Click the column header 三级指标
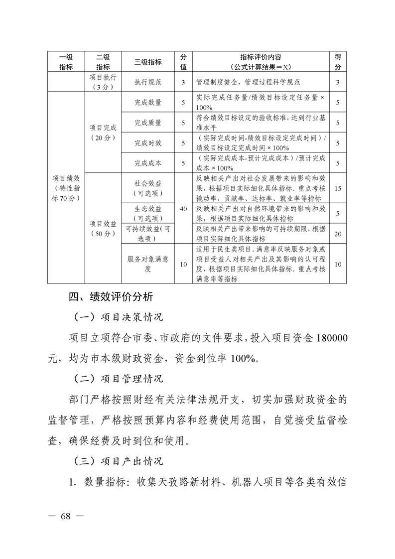tap(148, 62)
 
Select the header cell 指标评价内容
tap(261, 62)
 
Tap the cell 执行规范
tap(148, 82)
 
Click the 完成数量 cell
tap(148, 103)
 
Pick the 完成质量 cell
tap(148, 123)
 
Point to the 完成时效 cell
tap(148, 143)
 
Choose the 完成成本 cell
tap(148, 163)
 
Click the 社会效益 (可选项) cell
tap(148, 188)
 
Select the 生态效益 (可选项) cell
tap(148, 213)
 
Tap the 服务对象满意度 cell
tap(148, 264)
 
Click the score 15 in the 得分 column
tap(338, 188)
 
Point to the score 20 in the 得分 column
tap(338, 234)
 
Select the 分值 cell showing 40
tap(183, 209)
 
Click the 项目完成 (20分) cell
tap(103, 133)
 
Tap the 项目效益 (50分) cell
tap(103, 229)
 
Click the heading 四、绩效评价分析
tap(110, 297)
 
